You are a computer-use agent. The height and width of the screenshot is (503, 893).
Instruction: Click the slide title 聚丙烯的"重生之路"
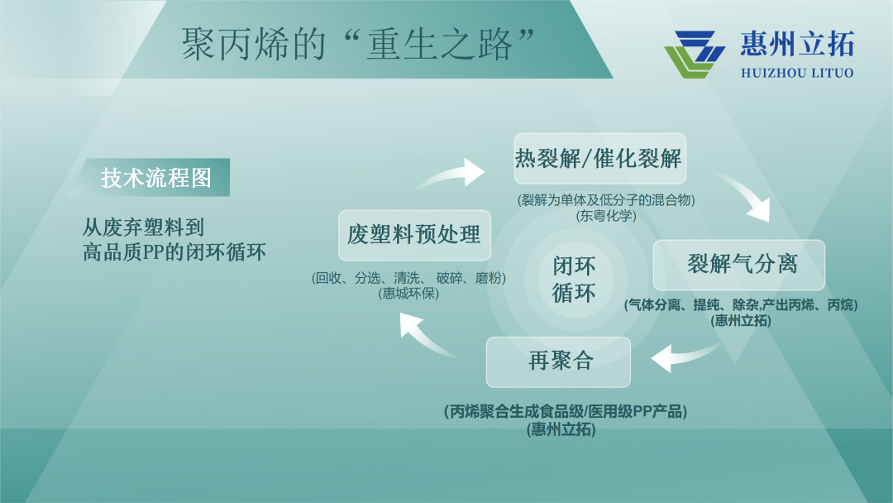pos(358,44)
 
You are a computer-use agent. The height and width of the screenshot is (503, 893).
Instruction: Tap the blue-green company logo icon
pos(695,55)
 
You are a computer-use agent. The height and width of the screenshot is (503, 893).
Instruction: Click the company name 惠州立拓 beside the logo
pos(797,44)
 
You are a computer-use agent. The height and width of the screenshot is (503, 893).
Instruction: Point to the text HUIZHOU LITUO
pos(797,73)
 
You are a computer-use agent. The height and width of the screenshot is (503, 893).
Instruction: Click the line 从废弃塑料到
pos(143,228)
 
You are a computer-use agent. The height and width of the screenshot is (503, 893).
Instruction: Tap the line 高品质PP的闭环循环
pos(174,251)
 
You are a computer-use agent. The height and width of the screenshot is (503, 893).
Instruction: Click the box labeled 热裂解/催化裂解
pos(599,158)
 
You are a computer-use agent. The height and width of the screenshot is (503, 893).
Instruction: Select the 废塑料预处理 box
pos(414,235)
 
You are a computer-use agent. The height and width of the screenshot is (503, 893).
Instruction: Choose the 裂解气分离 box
pos(739,265)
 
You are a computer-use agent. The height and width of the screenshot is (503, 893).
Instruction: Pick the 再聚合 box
pos(558,362)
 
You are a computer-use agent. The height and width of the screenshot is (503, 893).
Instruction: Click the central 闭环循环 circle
pos(574,279)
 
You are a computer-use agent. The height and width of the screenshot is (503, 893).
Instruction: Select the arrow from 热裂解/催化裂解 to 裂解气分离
pos(746,194)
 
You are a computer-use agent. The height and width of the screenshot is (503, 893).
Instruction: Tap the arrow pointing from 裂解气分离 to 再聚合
pos(686,356)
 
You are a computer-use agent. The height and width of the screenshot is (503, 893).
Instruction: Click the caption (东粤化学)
pos(606,216)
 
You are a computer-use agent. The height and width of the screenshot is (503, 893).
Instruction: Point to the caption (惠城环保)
pos(408,294)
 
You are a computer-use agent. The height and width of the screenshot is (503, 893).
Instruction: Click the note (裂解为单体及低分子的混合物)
pos(606,200)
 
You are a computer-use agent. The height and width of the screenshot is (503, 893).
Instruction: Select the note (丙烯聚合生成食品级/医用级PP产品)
pos(566,411)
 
